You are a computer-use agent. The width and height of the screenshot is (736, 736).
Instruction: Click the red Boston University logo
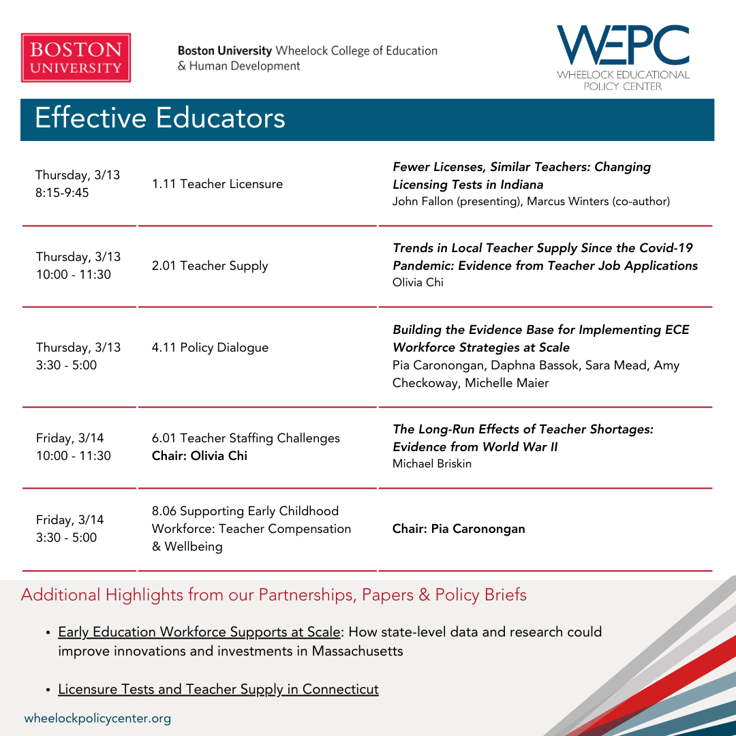76,58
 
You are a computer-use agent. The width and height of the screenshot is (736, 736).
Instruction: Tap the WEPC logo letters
622,46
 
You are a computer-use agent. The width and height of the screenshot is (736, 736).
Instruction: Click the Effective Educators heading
160,118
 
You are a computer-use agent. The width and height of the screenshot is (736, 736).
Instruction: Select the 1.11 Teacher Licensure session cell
217,184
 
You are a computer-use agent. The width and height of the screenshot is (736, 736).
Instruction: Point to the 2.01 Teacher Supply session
210,266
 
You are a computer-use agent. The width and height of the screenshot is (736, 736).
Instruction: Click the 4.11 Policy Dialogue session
210,348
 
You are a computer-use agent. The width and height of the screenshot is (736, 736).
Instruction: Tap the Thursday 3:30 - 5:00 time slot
67,365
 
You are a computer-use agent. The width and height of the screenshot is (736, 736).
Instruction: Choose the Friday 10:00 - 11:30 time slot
74,456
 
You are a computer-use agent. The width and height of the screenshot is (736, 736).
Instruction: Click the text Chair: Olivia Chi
200,456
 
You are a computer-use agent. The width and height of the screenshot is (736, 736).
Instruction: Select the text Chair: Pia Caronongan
459,529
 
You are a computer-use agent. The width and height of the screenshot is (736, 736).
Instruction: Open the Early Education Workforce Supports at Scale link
198,632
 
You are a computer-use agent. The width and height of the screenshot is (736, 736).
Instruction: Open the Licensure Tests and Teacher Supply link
218,689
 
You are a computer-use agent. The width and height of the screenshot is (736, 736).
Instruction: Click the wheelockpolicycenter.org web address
97,718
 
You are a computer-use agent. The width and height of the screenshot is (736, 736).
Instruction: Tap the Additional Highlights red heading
273,595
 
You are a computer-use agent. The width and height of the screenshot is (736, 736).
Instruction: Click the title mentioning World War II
523,438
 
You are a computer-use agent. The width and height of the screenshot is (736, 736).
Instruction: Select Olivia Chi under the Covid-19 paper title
418,282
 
